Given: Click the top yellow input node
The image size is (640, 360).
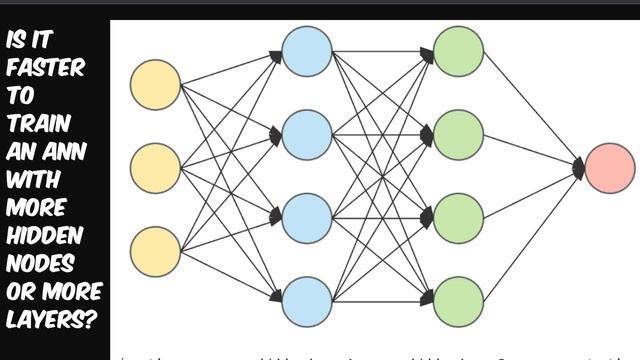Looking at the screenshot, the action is (x=156, y=85).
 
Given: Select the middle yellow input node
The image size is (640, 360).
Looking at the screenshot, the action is (x=156, y=168).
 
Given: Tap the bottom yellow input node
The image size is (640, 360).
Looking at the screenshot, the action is (x=156, y=251).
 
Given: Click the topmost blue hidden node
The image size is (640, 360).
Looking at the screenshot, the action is (x=306, y=51).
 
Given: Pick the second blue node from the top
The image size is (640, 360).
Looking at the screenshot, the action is (x=306, y=134).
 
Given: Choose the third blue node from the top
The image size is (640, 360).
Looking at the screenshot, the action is (x=306, y=217).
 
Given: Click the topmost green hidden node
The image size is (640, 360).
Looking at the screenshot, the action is (x=459, y=51).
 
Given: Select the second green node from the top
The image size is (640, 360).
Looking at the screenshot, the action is (x=459, y=134).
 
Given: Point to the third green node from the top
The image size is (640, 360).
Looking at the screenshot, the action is (x=459, y=217).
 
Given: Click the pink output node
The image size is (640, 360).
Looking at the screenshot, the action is (x=610, y=168).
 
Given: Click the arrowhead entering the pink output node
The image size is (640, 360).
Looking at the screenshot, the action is (x=579, y=168).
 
